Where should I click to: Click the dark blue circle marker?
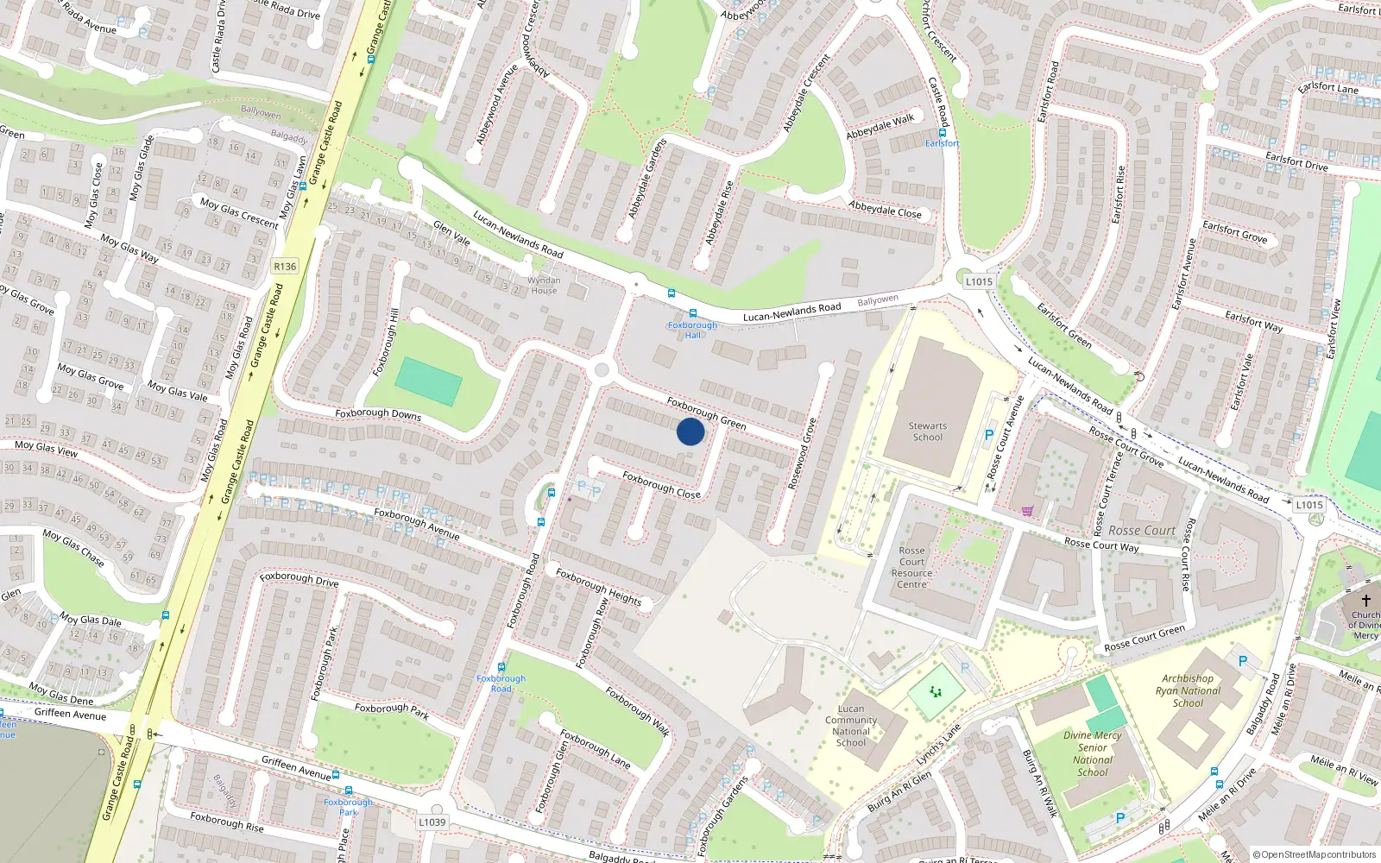pos(690,431)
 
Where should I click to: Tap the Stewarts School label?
pos(927,431)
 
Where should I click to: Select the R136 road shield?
pos(285,267)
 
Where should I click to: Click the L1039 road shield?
pos(432,822)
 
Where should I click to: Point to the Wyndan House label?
pos(544,286)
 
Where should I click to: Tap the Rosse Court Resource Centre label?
pos(911,567)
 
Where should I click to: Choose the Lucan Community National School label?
pos(851,726)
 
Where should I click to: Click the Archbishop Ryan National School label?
pos(1188,690)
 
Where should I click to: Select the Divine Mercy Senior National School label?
pos(1093,753)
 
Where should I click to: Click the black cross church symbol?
pos(1366,600)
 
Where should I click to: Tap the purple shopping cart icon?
pos(1027,511)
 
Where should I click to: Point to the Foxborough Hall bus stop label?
pos(692,330)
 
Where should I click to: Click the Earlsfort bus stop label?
pos(942,143)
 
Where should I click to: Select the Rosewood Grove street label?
pos(802,454)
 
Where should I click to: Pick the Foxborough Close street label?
pos(661,485)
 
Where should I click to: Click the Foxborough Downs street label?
pos(378,414)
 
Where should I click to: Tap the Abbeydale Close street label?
pos(885,210)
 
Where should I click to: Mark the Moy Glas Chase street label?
pos(73,548)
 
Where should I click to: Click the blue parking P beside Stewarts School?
pos(989,436)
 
